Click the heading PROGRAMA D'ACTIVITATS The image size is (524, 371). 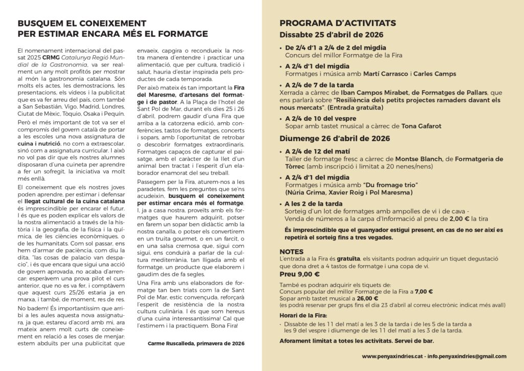337,24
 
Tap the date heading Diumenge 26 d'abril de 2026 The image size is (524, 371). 335,139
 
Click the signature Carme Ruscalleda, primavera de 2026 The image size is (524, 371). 196,343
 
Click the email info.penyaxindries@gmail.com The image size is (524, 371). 467,356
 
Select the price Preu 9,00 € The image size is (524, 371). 297,274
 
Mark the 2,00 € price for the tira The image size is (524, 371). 461,219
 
